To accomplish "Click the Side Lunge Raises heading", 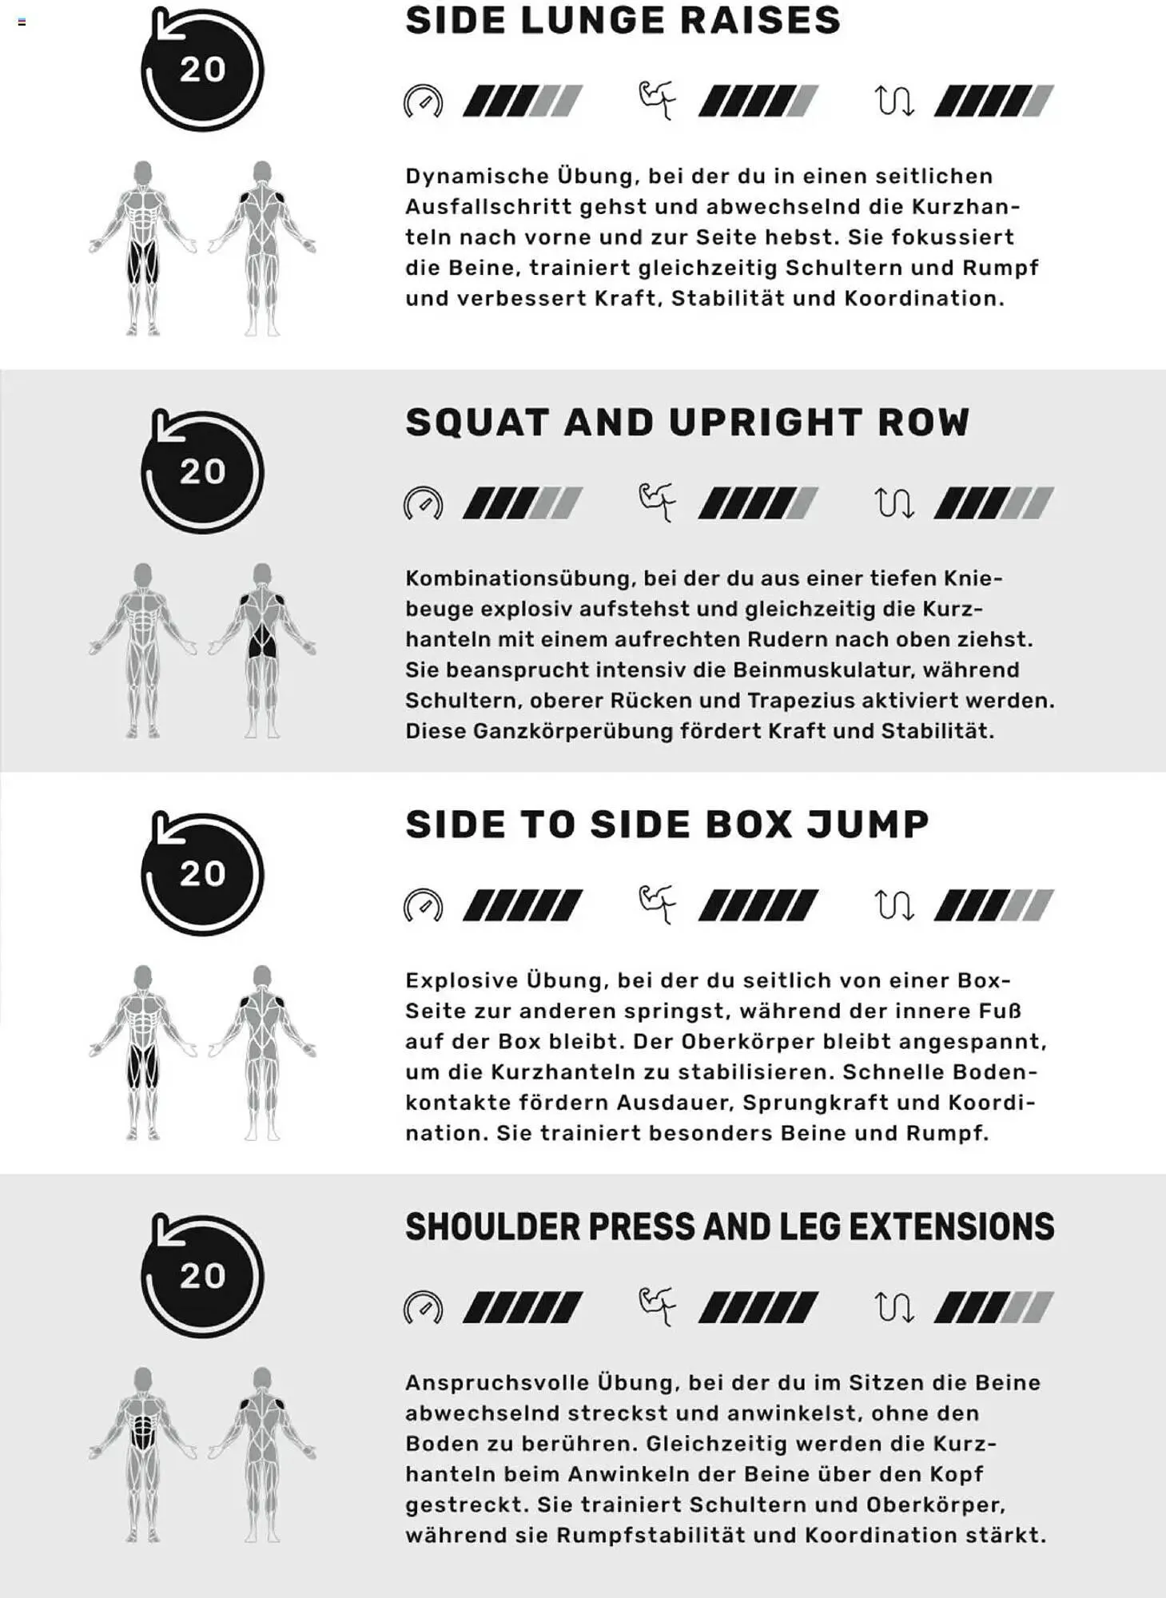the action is [623, 21].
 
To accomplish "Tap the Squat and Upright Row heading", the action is [687, 423].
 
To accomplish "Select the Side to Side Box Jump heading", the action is [667, 825].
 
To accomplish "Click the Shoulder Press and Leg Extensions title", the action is [730, 1227].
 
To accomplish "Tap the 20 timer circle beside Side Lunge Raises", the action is [202, 70].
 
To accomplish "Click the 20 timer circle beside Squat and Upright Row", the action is [202, 471].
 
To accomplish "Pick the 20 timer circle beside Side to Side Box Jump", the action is [202, 873].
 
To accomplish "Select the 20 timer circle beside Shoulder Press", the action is [202, 1275].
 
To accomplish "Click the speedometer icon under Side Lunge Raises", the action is [423, 101].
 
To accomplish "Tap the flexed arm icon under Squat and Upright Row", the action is [658, 503].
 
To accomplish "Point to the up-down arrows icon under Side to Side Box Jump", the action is [894, 905].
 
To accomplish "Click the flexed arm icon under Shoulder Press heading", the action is [658, 1307].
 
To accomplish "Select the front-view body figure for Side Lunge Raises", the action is [143, 248].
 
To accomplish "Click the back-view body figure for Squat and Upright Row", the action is [262, 650].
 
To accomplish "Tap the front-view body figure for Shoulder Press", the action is [143, 1454].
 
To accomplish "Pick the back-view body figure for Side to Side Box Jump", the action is [262, 1052].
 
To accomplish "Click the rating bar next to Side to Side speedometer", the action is [523, 905].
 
